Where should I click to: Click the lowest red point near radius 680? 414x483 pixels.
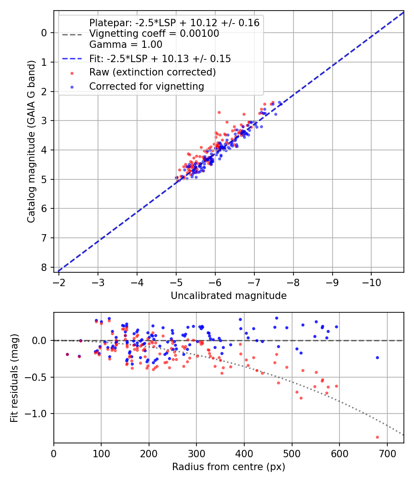click(x=377, y=437)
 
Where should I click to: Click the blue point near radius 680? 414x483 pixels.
click(x=377, y=357)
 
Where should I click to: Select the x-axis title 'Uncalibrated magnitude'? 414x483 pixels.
click(x=229, y=296)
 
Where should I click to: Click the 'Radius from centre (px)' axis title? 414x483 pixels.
click(x=229, y=467)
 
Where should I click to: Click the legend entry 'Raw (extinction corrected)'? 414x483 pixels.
click(x=152, y=72)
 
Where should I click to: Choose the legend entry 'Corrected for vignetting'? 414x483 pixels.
click(x=146, y=86)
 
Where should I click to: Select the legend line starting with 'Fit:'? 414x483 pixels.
click(x=160, y=58)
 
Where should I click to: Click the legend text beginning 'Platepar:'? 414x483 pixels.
click(x=174, y=23)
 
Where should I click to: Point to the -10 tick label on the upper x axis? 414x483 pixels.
click(x=371, y=282)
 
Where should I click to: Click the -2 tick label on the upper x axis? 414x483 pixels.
click(x=58, y=282)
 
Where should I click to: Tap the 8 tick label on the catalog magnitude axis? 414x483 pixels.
click(x=44, y=267)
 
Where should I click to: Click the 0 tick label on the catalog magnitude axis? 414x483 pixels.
click(x=44, y=33)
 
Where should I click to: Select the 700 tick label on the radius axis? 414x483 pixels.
click(x=387, y=453)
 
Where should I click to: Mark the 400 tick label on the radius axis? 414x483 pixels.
click(x=244, y=453)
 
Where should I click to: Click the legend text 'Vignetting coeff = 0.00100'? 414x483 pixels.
click(x=154, y=34)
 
